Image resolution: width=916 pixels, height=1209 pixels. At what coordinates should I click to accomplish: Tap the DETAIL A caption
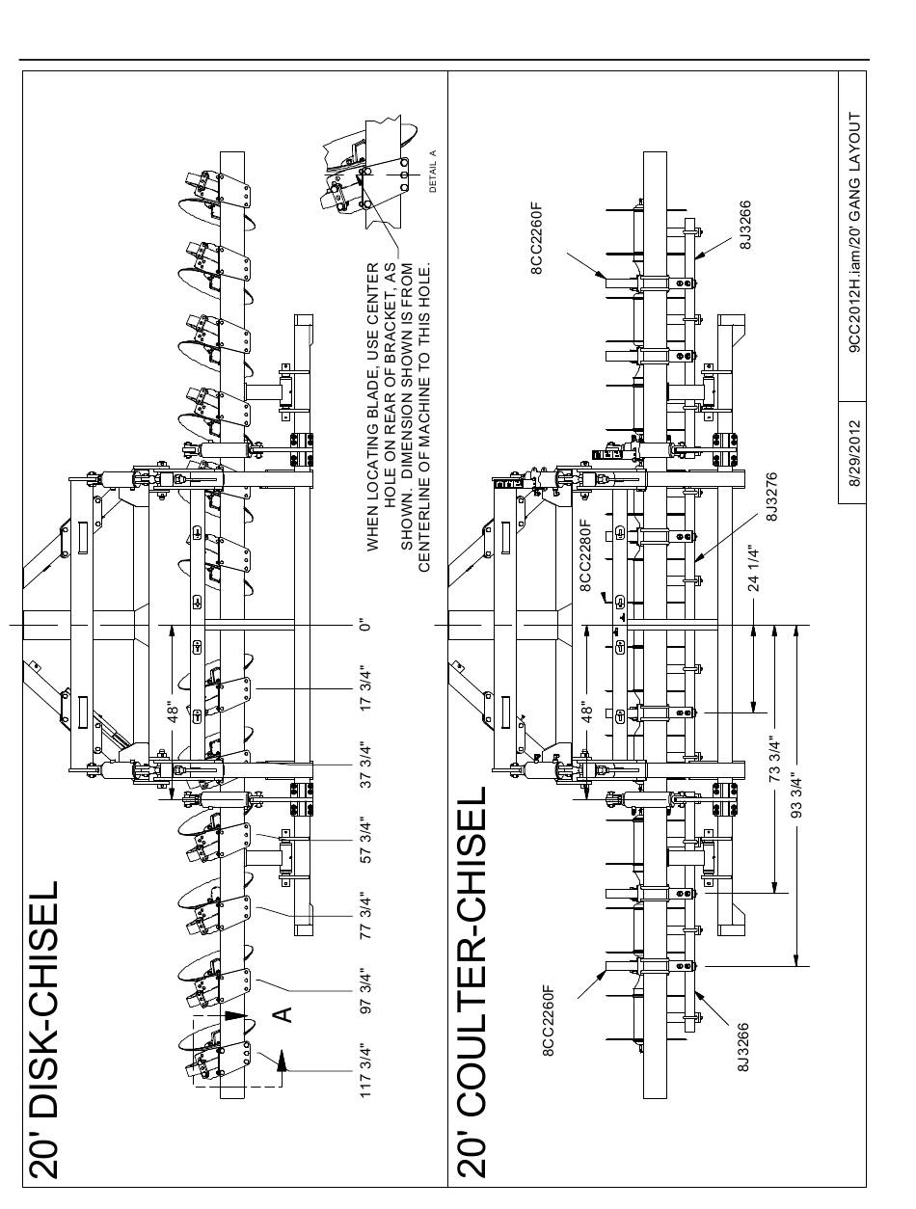[x=433, y=171]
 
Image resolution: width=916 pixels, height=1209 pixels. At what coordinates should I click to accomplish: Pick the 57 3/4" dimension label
[x=364, y=841]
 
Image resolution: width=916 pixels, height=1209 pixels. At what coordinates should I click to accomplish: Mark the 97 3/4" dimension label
[x=364, y=992]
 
